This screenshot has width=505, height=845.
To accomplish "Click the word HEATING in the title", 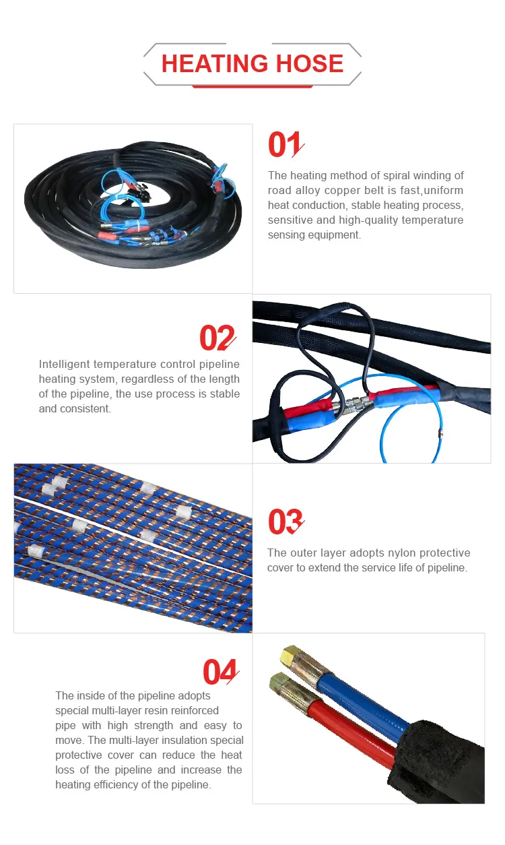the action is [214, 63].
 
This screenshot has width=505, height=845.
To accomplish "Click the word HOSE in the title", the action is [310, 63].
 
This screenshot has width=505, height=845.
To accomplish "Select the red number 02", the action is [217, 338].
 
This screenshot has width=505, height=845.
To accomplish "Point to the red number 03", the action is [286, 522].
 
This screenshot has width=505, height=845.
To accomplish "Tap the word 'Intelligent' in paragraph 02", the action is [65, 364].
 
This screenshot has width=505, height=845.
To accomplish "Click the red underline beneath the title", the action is [252, 86].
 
